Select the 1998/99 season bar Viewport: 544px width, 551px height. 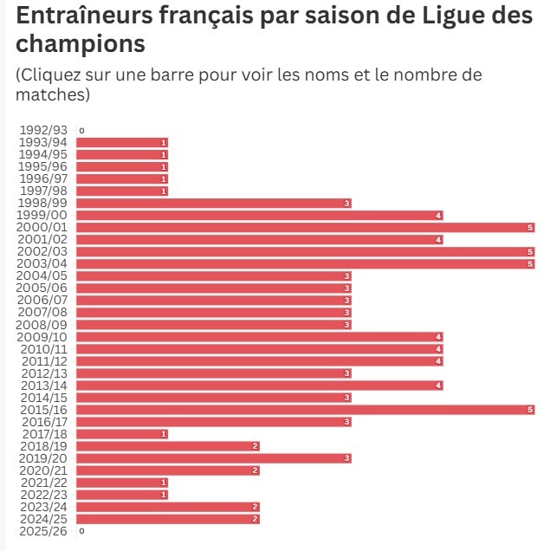(x=213, y=203)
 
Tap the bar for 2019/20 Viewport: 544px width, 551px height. (x=213, y=458)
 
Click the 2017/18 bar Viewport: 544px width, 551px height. (x=121, y=434)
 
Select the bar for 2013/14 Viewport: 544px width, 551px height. (x=260, y=386)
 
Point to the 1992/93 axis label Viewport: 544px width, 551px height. (x=43, y=130)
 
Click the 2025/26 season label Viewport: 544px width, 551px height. (x=43, y=531)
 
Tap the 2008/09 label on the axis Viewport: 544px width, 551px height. (x=43, y=325)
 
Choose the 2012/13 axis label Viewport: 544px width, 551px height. (x=43, y=373)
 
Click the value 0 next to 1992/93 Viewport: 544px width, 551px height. (x=81, y=131)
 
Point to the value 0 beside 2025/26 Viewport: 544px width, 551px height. (x=81, y=531)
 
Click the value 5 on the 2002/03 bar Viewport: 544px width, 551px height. (x=530, y=251)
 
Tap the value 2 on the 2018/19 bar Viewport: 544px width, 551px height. (x=256, y=446)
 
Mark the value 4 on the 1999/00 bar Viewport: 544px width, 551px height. (x=439, y=215)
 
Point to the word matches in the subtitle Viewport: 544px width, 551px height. (x=49, y=94)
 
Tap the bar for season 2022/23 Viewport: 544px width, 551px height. (x=121, y=495)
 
